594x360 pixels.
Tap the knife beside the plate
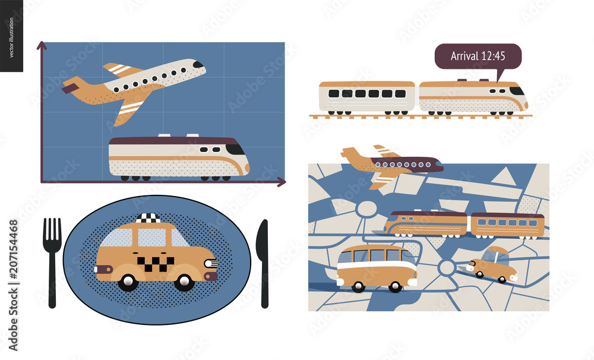(x=263, y=261)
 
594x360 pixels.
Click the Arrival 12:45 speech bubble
(x=478, y=57)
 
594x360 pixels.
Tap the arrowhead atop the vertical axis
(x=42, y=45)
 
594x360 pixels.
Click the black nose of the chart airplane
(x=198, y=65)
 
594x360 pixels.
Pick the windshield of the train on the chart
(x=236, y=149)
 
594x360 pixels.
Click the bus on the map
(x=376, y=269)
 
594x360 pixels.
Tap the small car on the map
(x=492, y=266)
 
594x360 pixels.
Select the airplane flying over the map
(x=392, y=164)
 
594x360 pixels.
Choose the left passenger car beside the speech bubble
(x=366, y=96)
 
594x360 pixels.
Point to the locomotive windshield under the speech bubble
(x=517, y=91)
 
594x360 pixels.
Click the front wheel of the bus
(x=395, y=287)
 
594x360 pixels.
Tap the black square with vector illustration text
(x=11, y=36)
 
